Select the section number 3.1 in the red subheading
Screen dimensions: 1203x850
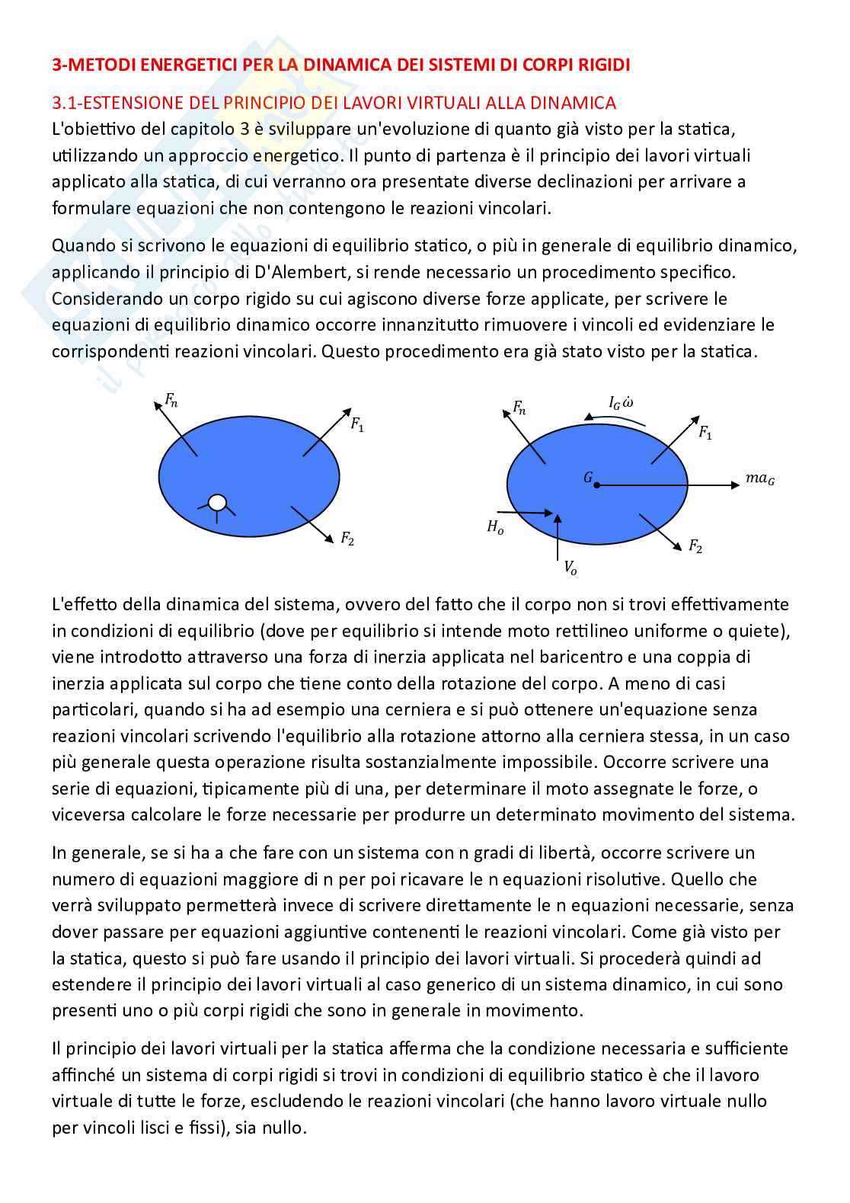click(63, 103)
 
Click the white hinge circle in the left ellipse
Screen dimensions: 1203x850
click(218, 502)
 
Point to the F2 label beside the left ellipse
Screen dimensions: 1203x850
click(347, 539)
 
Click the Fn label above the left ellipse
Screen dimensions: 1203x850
click(171, 399)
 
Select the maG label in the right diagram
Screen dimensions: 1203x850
click(760, 479)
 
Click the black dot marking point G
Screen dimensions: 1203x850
click(597, 485)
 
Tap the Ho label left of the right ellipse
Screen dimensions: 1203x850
click(495, 526)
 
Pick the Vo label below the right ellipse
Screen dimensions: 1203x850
click(570, 567)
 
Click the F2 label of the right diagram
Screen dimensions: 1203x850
click(695, 546)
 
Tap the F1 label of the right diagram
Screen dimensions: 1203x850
click(705, 433)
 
